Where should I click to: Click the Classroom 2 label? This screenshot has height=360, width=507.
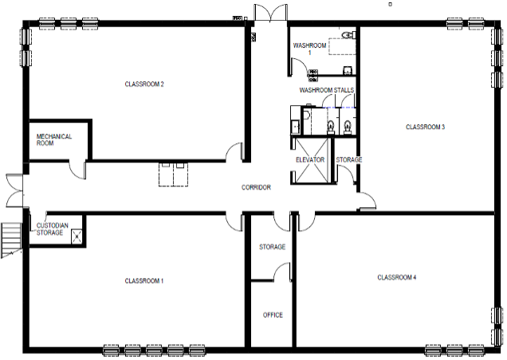point(144,84)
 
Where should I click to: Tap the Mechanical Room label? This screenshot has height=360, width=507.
point(53,140)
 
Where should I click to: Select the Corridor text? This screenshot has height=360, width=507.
point(256,187)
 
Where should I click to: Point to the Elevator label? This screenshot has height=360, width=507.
point(310,160)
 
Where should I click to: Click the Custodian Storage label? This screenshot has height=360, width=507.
point(52,229)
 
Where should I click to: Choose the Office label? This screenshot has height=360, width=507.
point(273,315)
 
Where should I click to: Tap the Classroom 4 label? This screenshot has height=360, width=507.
point(397,277)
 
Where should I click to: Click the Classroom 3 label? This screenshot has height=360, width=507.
point(425,127)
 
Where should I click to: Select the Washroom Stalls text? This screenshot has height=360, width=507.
point(327,90)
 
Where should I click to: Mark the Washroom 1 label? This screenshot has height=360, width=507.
point(309,49)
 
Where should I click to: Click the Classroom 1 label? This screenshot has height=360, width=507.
point(144,281)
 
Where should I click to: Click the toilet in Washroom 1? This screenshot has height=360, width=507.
point(348,34)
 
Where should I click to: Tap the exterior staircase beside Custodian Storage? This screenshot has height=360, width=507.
point(11,240)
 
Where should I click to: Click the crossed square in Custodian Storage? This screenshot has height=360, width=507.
point(77,237)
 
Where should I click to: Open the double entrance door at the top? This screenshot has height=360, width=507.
point(270,13)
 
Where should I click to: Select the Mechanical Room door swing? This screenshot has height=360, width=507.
point(77,170)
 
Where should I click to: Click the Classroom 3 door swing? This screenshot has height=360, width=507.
point(367,201)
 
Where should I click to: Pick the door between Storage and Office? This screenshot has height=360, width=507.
point(282,271)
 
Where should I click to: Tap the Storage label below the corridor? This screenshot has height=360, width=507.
point(273,247)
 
